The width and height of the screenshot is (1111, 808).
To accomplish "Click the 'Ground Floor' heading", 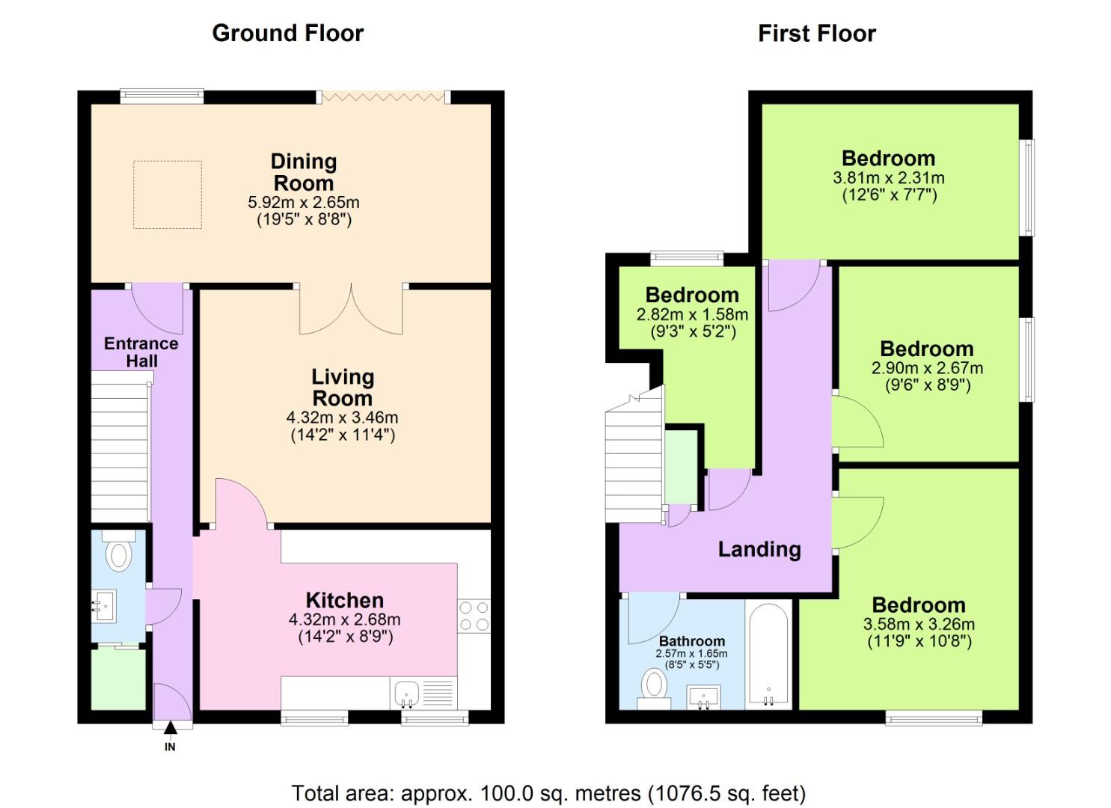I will tap(287, 33).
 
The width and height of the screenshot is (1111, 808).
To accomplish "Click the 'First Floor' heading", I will tap(816, 33).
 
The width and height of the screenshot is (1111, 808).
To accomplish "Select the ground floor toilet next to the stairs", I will tap(119, 553).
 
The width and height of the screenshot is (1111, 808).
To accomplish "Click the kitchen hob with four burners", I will tap(474, 616).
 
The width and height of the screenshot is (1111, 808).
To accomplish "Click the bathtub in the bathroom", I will tap(768, 654).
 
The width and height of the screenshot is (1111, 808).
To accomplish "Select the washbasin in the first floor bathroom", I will tap(704, 697).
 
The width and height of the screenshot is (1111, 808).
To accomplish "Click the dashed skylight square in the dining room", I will tap(168, 195).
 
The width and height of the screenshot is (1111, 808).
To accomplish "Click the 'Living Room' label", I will tap(342, 387).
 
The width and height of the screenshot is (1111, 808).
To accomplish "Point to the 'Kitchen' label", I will tap(344, 600).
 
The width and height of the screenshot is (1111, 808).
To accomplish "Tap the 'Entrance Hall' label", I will tap(141, 352).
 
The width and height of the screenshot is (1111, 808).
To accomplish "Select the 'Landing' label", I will tap(759, 549).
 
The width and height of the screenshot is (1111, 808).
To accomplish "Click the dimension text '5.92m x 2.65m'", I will tap(303, 202).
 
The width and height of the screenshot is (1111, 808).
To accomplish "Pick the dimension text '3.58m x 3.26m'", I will tap(919, 624).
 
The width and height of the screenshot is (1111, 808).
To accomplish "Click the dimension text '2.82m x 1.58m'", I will tap(692, 315).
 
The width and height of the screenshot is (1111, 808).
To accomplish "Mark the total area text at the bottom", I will tap(548, 792).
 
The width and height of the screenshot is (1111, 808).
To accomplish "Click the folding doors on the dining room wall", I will tap(383, 97).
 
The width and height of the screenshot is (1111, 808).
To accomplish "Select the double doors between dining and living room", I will tap(351, 308).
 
